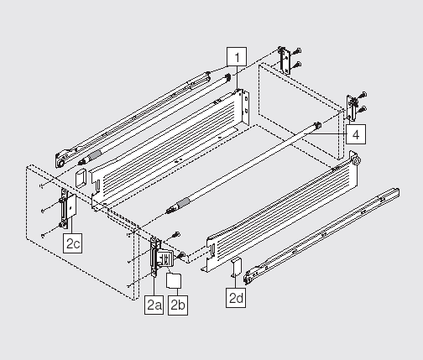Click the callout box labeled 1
(237, 57)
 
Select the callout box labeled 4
(356, 134)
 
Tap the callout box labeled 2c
(72, 243)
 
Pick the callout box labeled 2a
(154, 305)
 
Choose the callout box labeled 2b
(178, 305)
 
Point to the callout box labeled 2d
(236, 298)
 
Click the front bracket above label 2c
(67, 208)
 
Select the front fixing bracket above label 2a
(154, 256)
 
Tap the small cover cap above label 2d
(236, 267)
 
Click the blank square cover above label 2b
(174, 281)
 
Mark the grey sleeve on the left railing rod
(95, 154)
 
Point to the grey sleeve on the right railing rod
(183, 203)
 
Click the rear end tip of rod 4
(317, 125)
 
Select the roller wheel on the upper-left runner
(60, 163)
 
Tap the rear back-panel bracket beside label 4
(352, 107)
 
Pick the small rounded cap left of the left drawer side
(81, 178)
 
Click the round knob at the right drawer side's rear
(357, 160)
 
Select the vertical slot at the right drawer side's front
(213, 248)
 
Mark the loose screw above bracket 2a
(176, 234)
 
